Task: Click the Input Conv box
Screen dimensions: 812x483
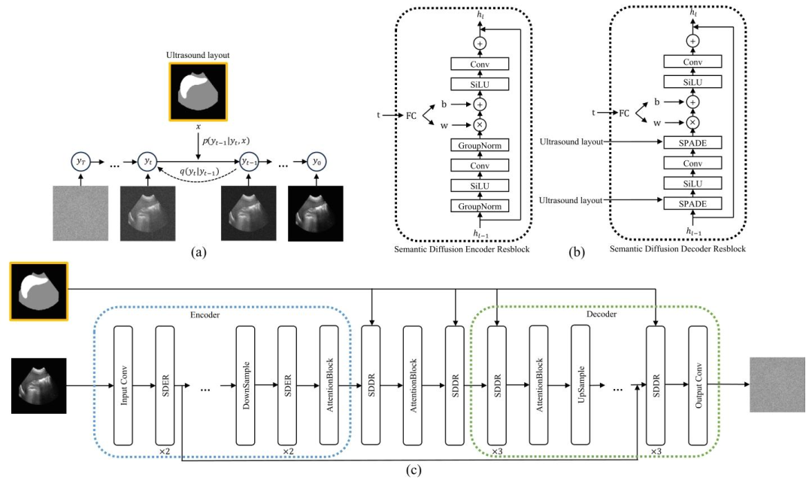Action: [x=123, y=385]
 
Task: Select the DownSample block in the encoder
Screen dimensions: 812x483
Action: [x=245, y=385]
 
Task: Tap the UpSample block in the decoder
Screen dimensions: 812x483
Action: [x=580, y=384]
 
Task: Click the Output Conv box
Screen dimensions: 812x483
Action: [x=698, y=385]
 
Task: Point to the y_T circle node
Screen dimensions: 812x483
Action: [x=80, y=162]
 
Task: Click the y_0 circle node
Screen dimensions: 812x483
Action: [x=317, y=162]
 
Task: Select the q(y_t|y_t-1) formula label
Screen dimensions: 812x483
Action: [x=198, y=172]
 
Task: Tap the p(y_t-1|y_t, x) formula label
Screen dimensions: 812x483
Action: [x=226, y=141]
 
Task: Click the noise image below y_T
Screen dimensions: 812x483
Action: [x=80, y=213]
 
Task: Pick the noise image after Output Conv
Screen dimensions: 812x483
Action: [x=777, y=384]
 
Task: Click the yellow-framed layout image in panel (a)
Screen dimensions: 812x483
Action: [x=198, y=92]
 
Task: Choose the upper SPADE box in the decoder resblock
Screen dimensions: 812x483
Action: [x=692, y=142]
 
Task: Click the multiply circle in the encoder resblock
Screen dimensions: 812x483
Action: [x=480, y=125]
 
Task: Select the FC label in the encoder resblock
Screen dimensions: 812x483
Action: [x=411, y=115]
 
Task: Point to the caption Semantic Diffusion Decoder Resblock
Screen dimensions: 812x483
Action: [x=677, y=249]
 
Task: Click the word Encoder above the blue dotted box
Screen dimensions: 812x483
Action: [x=205, y=314]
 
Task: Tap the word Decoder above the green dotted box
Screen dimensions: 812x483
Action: [x=601, y=314]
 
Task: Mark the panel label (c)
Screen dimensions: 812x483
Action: [x=414, y=470]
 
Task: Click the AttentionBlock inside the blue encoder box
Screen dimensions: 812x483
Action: [x=329, y=385]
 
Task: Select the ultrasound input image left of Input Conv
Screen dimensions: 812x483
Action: [x=39, y=385]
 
